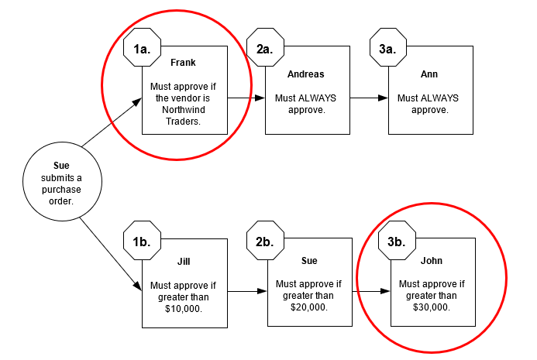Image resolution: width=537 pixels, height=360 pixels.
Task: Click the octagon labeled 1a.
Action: click(142, 48)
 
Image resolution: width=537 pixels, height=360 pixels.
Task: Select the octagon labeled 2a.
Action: click(265, 48)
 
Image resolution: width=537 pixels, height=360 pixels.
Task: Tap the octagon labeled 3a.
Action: click(388, 48)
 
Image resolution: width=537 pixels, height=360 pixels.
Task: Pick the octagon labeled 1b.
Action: click(142, 242)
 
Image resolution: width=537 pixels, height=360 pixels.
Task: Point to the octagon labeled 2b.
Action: click(265, 242)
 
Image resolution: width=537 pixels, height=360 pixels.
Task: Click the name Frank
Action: click(184, 62)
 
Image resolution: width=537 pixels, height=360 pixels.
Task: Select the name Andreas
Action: click(305, 74)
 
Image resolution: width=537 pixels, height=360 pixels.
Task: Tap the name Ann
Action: click(429, 74)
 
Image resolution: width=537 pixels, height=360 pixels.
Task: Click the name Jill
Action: click(184, 261)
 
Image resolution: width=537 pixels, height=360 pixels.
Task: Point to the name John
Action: click(431, 261)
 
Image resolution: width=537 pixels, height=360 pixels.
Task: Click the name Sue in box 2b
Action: click(308, 261)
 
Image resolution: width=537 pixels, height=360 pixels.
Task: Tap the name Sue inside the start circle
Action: click(61, 166)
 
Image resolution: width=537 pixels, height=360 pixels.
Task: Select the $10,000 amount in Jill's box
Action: click(184, 308)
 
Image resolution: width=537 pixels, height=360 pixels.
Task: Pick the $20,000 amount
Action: click(308, 307)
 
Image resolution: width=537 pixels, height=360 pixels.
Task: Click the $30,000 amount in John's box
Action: click(431, 307)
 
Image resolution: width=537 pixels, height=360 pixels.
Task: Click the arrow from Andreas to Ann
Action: click(369, 98)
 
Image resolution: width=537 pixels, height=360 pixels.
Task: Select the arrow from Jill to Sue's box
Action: click(246, 292)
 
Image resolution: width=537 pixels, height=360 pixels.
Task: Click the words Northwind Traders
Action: click(184, 115)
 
